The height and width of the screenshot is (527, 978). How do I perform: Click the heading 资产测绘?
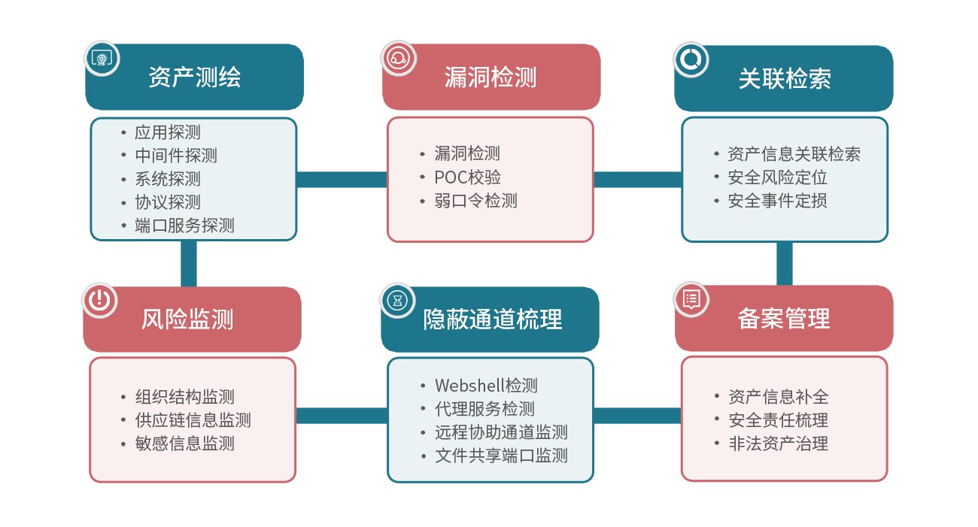[x=194, y=77]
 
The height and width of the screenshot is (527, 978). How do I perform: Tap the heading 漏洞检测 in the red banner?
[x=491, y=77]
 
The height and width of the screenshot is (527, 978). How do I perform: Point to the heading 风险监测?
[x=187, y=320]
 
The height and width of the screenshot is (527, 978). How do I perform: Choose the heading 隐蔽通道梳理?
[x=492, y=320]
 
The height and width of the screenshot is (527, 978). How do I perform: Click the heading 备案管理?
[x=783, y=319]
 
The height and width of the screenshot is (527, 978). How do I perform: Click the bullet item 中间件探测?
[x=176, y=156]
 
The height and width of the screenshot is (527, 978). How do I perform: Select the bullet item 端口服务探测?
[x=184, y=225]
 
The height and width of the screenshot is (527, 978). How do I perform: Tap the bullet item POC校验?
[x=467, y=177]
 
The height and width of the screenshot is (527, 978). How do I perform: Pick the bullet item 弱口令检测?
[x=475, y=201]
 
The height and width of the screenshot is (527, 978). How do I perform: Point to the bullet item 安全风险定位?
[x=777, y=177]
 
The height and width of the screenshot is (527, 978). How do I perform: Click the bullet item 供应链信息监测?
[x=193, y=420]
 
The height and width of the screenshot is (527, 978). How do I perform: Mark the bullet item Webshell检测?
[x=486, y=386]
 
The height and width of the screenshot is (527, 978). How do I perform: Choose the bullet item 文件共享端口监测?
[x=500, y=456]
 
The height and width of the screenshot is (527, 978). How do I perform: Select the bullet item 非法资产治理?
[x=778, y=444]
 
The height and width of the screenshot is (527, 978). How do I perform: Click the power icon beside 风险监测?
[x=100, y=299]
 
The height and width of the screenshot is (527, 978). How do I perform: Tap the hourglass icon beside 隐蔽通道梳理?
[x=397, y=300]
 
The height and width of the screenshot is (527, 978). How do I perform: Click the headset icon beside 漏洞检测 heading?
[x=398, y=58]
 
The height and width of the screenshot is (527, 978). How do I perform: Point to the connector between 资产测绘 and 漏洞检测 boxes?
[x=342, y=180]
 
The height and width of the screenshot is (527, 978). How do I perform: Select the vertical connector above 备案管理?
[x=784, y=263]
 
